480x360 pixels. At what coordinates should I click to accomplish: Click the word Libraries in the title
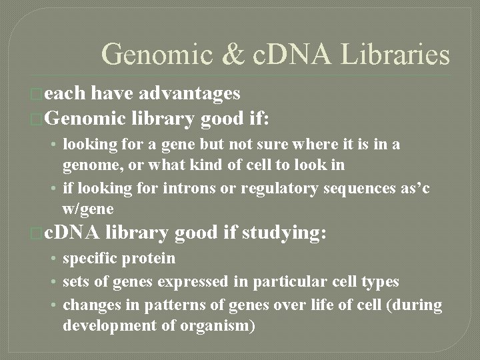pyautogui.click(x=396, y=54)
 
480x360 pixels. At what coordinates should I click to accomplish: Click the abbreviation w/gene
pyautogui.click(x=88, y=209)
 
